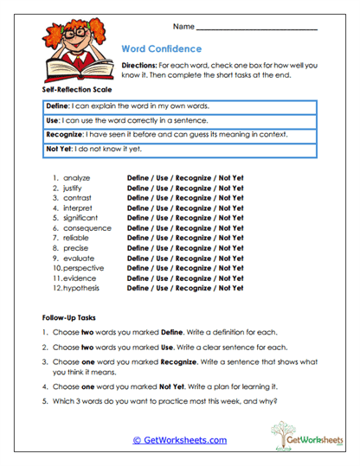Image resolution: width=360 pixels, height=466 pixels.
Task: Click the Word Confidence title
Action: pyautogui.click(x=162, y=48)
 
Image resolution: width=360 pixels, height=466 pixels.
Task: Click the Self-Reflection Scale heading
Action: pyautogui.click(x=75, y=89)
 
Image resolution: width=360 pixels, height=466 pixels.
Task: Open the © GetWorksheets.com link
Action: pyautogui.click(x=179, y=440)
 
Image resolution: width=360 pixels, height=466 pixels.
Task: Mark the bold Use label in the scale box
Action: pyautogui.click(x=51, y=120)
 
